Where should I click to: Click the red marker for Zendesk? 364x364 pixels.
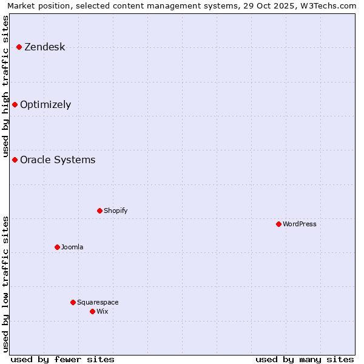coord(19,47)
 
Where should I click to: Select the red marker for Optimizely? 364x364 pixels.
coord(15,104)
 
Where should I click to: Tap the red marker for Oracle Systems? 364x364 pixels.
coord(15,160)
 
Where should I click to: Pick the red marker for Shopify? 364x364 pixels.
coord(99,211)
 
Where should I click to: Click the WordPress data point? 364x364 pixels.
coord(278,224)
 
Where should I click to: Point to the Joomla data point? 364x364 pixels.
coord(57,247)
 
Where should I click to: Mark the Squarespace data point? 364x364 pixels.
coord(73,302)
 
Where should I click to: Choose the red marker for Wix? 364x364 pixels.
coord(92,311)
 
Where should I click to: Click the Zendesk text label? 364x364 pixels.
coord(44,47)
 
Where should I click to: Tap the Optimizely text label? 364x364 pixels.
coord(45,105)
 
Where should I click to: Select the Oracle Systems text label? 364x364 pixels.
coord(58,160)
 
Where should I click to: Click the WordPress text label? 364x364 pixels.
coord(300,224)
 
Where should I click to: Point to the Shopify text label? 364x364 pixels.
coord(115,211)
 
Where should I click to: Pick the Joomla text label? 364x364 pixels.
coord(72,248)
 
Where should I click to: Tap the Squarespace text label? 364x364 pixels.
coord(98,303)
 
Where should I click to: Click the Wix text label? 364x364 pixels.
coord(102,312)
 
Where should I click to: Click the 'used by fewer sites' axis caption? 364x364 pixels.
coord(62,359)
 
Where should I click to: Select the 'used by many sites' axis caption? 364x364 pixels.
coord(305,359)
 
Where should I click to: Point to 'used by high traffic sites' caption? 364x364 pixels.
coord(6,86)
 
